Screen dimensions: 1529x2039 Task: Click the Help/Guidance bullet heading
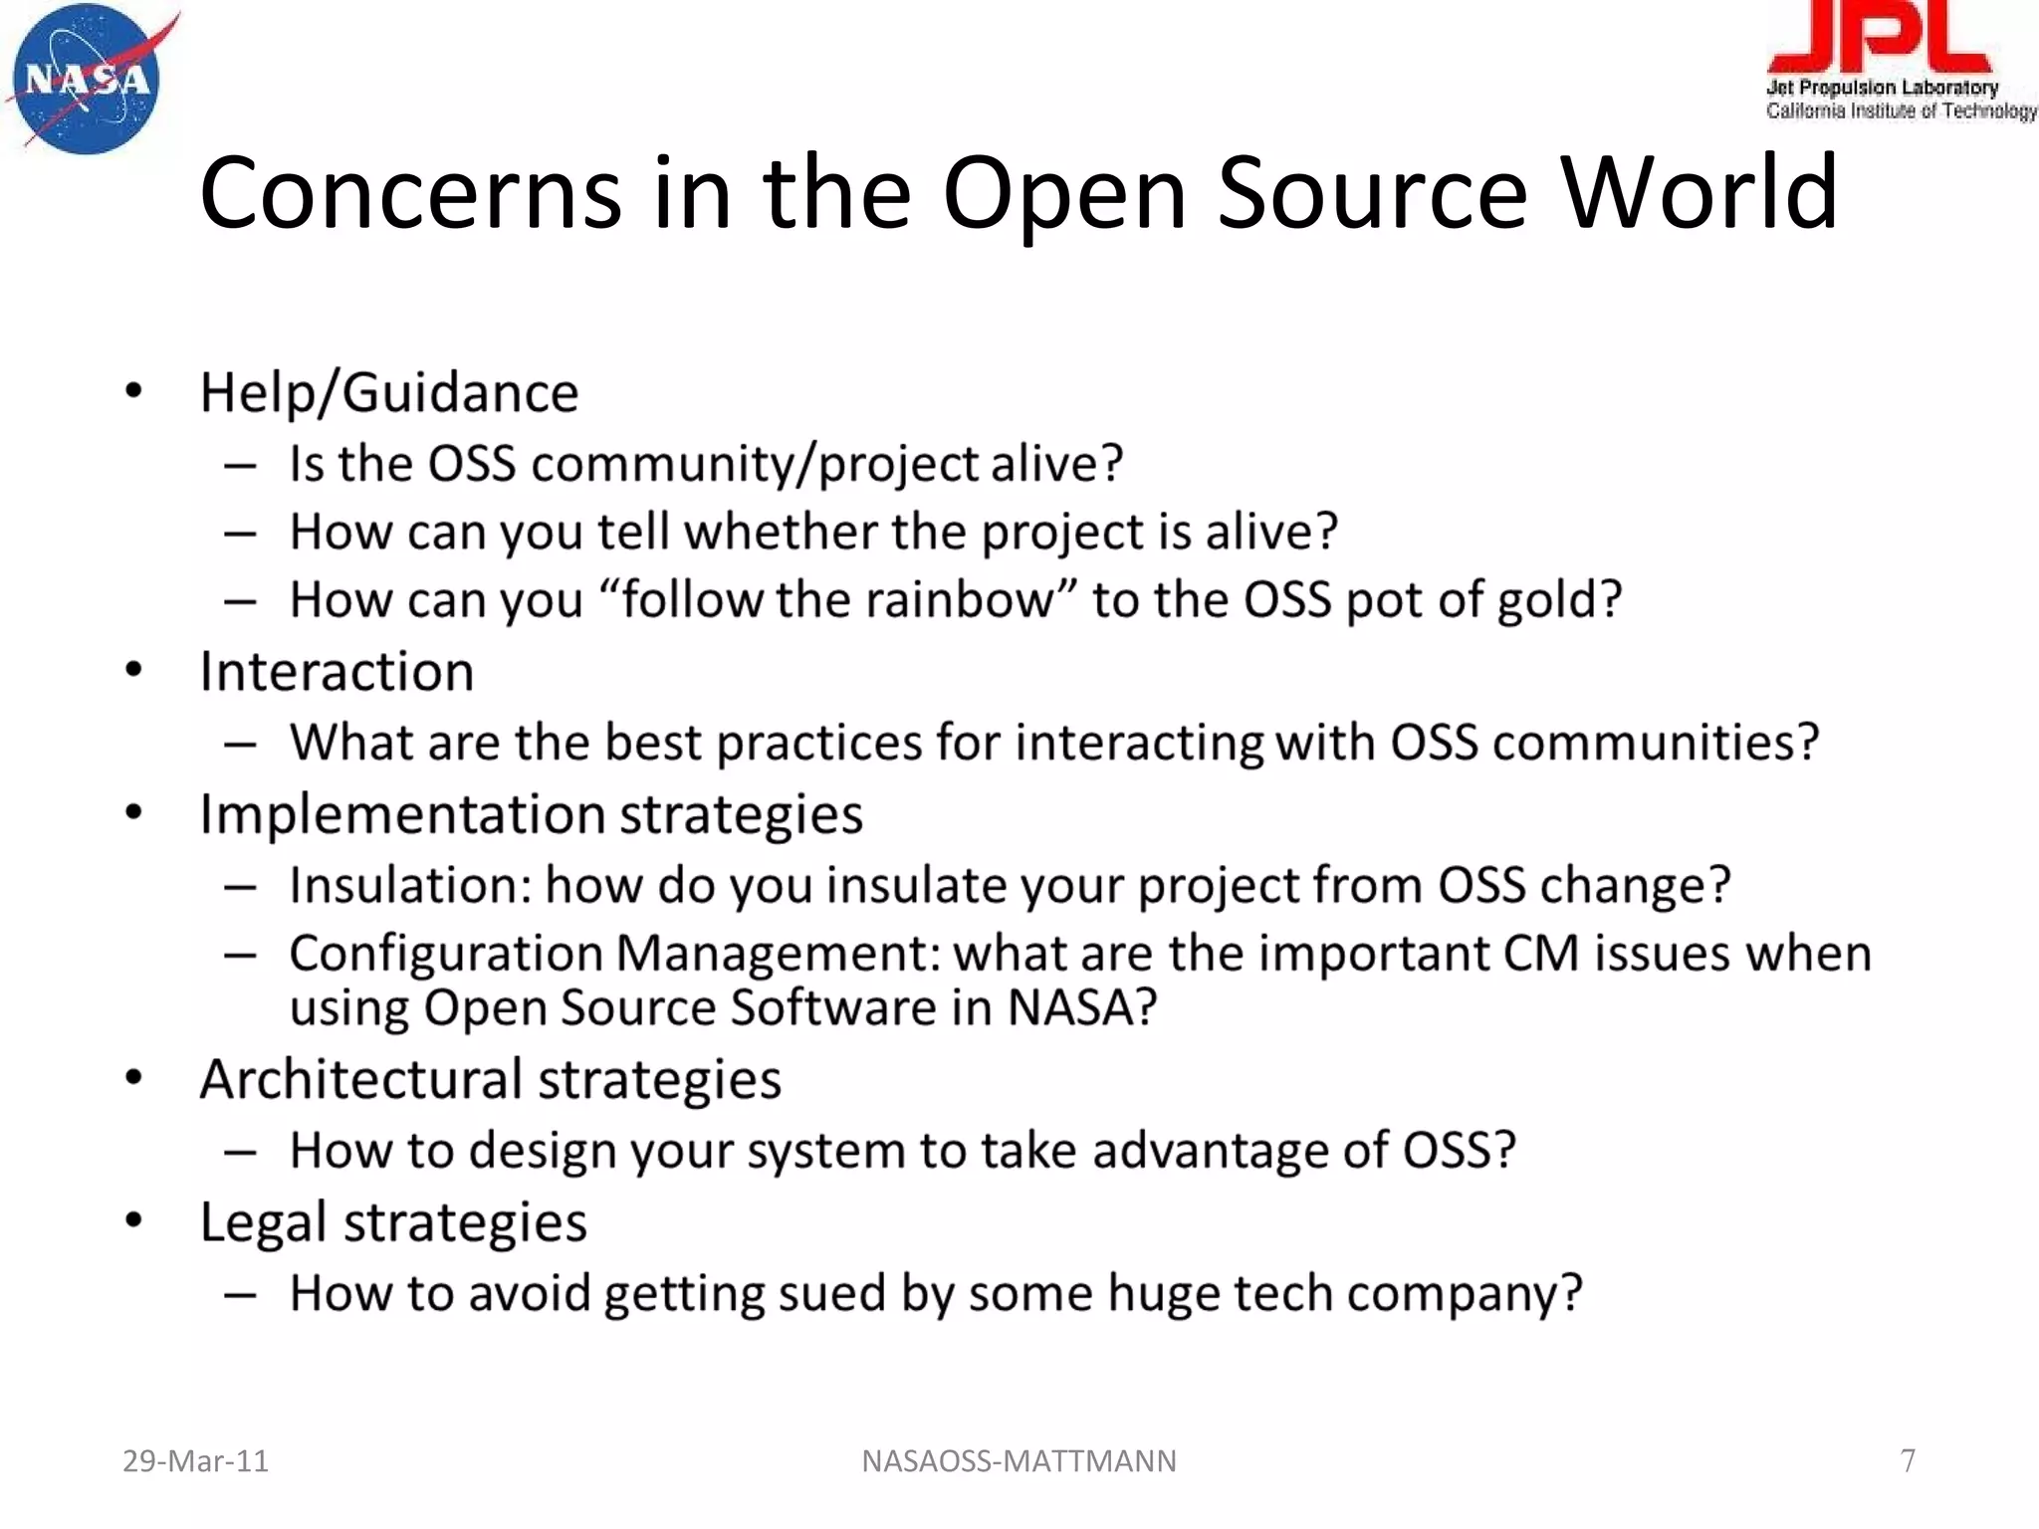388,392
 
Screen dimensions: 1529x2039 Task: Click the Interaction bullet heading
337,671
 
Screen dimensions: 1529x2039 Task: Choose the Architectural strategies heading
490,1080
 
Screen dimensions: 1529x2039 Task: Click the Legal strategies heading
393,1222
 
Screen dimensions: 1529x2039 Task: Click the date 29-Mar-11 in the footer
195,1461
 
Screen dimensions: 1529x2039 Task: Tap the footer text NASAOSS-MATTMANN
1019,1461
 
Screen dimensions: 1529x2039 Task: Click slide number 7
1908,1460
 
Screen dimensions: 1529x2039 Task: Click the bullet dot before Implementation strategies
134,813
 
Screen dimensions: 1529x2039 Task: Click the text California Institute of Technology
1901,110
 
